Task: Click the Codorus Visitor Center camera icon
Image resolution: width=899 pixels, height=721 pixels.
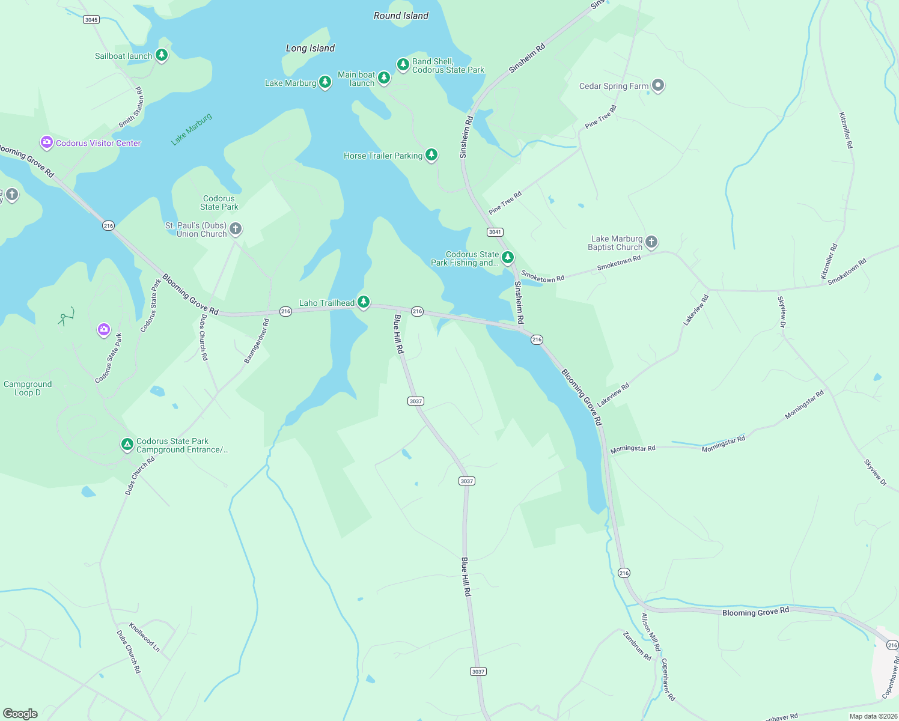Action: pos(46,142)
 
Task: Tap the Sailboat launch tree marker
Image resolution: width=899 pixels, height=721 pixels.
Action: pos(161,55)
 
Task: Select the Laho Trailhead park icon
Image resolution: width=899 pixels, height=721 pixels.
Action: pos(363,302)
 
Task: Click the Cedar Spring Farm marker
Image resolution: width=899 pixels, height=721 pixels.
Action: pos(658,85)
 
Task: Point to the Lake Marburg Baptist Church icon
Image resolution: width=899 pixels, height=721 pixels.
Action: pos(651,242)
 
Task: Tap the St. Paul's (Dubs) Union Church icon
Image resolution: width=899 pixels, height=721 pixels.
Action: pos(236,228)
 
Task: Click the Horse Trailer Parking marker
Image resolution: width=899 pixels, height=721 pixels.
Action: pos(431,155)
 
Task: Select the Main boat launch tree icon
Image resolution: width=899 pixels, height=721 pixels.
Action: pos(384,78)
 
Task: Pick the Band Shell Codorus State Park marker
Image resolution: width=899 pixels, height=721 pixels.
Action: pos(403,64)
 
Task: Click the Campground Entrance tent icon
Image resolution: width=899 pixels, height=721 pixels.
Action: pos(127,445)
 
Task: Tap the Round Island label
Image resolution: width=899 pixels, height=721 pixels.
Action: pos(401,16)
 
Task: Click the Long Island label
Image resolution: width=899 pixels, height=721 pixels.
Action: pos(310,48)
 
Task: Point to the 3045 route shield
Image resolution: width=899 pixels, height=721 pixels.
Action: pos(91,19)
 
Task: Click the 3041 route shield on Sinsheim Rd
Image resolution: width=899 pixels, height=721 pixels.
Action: pos(495,232)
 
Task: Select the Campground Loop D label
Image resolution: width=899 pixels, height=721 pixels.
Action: pos(28,388)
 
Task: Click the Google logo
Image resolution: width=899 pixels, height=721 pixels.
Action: pos(20,714)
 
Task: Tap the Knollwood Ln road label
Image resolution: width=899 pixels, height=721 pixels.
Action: pos(144,637)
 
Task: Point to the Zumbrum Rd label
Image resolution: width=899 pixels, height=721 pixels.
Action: pos(637,646)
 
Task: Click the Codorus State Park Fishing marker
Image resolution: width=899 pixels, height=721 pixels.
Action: pos(507,258)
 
